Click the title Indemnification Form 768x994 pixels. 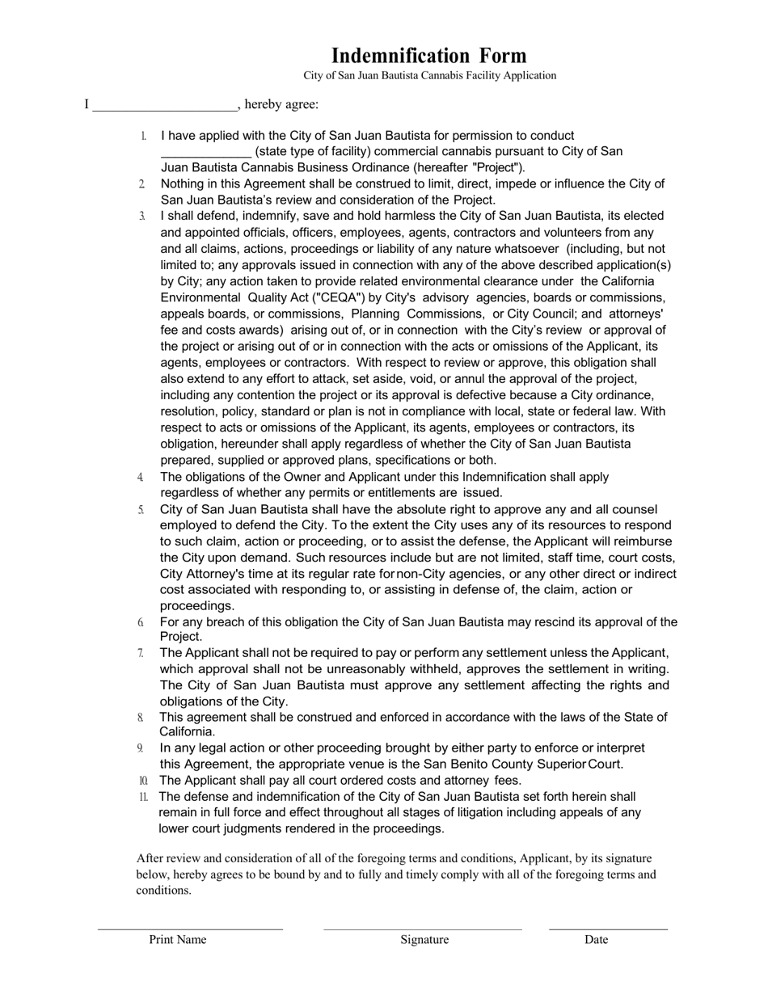[x=428, y=56]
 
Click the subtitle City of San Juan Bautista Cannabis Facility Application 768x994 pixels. [x=429, y=76]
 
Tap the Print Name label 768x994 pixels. [x=178, y=939]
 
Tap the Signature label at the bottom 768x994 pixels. [x=424, y=939]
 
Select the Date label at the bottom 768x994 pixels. [x=596, y=939]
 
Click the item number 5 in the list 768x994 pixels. [x=141, y=509]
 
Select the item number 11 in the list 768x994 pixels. [x=143, y=797]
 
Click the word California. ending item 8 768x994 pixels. [x=187, y=732]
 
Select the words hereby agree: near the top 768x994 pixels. [x=281, y=104]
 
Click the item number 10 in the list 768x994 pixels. [x=143, y=781]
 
